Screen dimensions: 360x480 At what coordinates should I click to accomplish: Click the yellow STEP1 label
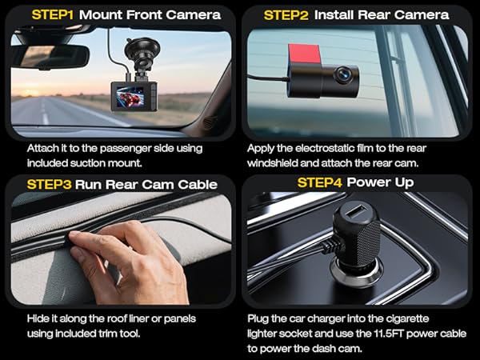pos(50,14)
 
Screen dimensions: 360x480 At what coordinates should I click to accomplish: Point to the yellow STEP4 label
pos(322,182)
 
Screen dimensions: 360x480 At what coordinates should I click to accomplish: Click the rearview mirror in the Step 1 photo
pos(50,56)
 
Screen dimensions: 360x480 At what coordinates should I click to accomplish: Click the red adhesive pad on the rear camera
pos(298,53)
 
